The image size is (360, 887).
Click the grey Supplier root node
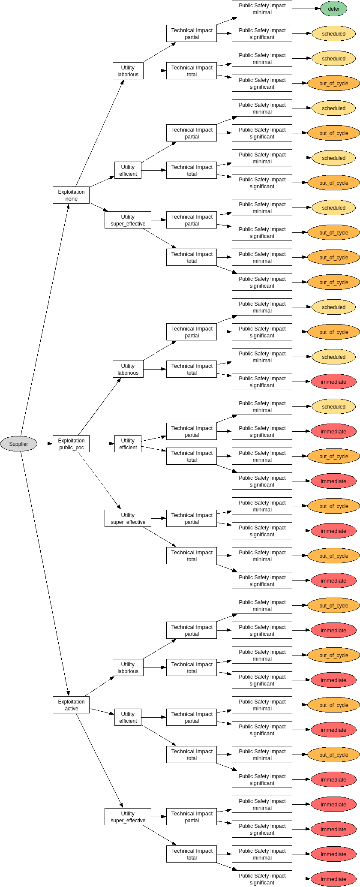click(18, 444)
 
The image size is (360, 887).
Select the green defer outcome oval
click(333, 9)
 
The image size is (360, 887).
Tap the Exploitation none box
click(71, 195)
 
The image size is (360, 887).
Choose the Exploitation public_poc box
click(71, 444)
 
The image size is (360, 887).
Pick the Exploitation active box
click(71, 705)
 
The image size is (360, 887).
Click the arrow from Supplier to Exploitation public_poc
click(45, 444)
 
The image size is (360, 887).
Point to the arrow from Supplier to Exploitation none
click(45, 320)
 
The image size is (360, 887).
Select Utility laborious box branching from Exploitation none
click(128, 71)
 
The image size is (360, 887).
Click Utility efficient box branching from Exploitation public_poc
click(128, 444)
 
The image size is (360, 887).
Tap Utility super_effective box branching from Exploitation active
click(128, 817)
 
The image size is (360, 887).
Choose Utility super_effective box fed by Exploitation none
click(128, 220)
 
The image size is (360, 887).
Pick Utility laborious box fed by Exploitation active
click(128, 668)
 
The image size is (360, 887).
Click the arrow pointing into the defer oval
click(306, 9)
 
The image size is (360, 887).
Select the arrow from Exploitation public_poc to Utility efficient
click(102, 444)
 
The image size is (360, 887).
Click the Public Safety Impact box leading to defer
click(262, 9)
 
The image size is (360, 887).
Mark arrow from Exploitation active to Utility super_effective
click(100, 761)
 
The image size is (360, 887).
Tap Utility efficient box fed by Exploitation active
click(128, 717)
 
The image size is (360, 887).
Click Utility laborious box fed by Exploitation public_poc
click(128, 369)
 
